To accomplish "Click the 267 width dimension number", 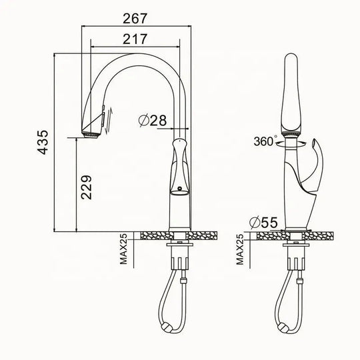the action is point(135,19).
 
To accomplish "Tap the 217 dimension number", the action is point(135,39).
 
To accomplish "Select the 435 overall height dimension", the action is point(43,142).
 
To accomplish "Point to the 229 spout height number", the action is point(86,187).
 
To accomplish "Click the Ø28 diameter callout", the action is point(153,120).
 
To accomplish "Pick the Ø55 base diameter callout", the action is point(264,222).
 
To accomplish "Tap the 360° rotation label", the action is point(265,141).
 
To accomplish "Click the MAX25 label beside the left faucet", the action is point(123,249).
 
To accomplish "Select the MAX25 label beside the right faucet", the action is point(240,249).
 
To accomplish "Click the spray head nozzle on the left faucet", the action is point(91,135).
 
